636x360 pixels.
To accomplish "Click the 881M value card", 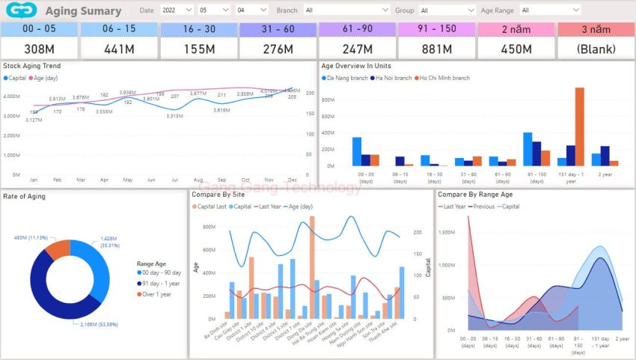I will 436,49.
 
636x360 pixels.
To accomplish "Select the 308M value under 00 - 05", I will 39,49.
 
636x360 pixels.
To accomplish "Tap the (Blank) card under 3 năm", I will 596,49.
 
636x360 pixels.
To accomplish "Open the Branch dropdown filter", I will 346,10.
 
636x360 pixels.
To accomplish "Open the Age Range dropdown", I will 550,10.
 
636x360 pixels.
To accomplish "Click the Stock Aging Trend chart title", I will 32,66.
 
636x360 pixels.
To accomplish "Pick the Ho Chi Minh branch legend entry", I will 444,78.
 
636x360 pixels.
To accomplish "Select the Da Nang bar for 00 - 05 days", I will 357,151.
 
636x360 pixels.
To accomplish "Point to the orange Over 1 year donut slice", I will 58,250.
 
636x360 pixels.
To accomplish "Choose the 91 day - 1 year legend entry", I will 158,284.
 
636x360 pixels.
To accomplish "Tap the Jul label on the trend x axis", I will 174,180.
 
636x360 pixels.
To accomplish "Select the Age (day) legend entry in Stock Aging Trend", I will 44,78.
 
